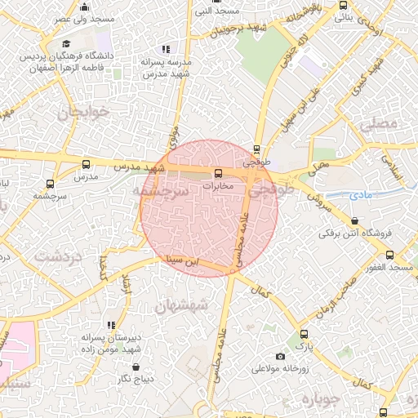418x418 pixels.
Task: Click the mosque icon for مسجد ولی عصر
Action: pyautogui.click(x=84, y=7)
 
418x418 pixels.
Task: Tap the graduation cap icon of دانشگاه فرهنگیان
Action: pyautogui.click(x=66, y=43)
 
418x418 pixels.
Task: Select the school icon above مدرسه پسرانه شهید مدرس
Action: pyautogui.click(x=167, y=50)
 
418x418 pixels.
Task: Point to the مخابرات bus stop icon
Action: pyautogui.click(x=218, y=173)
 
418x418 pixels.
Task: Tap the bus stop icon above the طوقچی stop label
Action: pyautogui.click(x=257, y=150)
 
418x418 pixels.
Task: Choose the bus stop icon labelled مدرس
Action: pyautogui.click(x=86, y=164)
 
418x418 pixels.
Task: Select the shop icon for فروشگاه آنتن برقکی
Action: pyautogui.click(x=354, y=220)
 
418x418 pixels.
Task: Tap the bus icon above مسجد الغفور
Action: pyautogui.click(x=389, y=255)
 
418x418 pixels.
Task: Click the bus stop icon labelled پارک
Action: pyautogui.click(x=304, y=334)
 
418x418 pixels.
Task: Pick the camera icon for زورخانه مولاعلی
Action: pyautogui.click(x=281, y=356)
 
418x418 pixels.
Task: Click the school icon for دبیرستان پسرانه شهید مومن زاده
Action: pyautogui.click(x=110, y=325)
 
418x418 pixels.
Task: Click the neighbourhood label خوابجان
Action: pyautogui.click(x=82, y=112)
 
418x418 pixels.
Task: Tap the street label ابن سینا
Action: pyautogui.click(x=180, y=261)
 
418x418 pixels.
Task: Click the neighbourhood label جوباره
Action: pyautogui.click(x=320, y=400)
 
